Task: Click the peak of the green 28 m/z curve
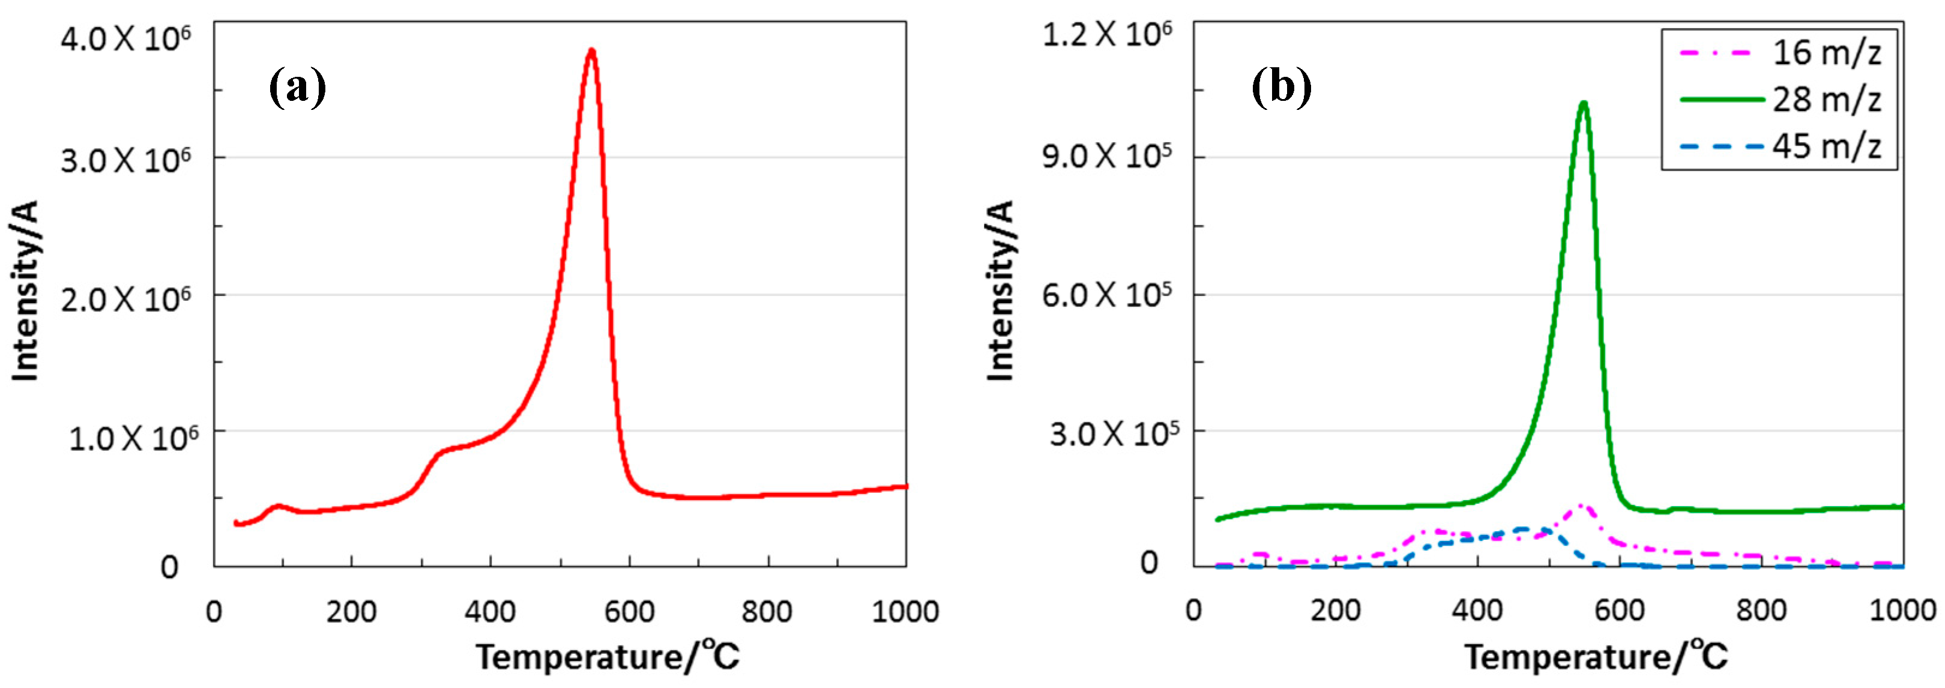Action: click(1584, 103)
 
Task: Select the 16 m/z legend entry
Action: click(1826, 53)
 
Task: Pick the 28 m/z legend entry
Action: click(1826, 99)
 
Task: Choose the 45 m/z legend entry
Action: click(1826, 145)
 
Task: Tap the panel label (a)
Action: click(298, 87)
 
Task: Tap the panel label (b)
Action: click(1281, 87)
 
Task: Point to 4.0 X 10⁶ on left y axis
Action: click(125, 38)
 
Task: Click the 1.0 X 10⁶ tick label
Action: click(133, 437)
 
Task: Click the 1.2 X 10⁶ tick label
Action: click(1107, 34)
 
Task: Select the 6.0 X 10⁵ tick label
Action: click(1107, 295)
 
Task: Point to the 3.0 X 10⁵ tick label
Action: click(1113, 433)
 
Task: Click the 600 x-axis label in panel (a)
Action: click(629, 611)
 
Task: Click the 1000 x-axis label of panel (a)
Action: click(905, 611)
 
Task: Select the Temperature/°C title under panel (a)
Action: click(608, 656)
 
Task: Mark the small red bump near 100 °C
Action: click(278, 507)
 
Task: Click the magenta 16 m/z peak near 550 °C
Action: click(1579, 507)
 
